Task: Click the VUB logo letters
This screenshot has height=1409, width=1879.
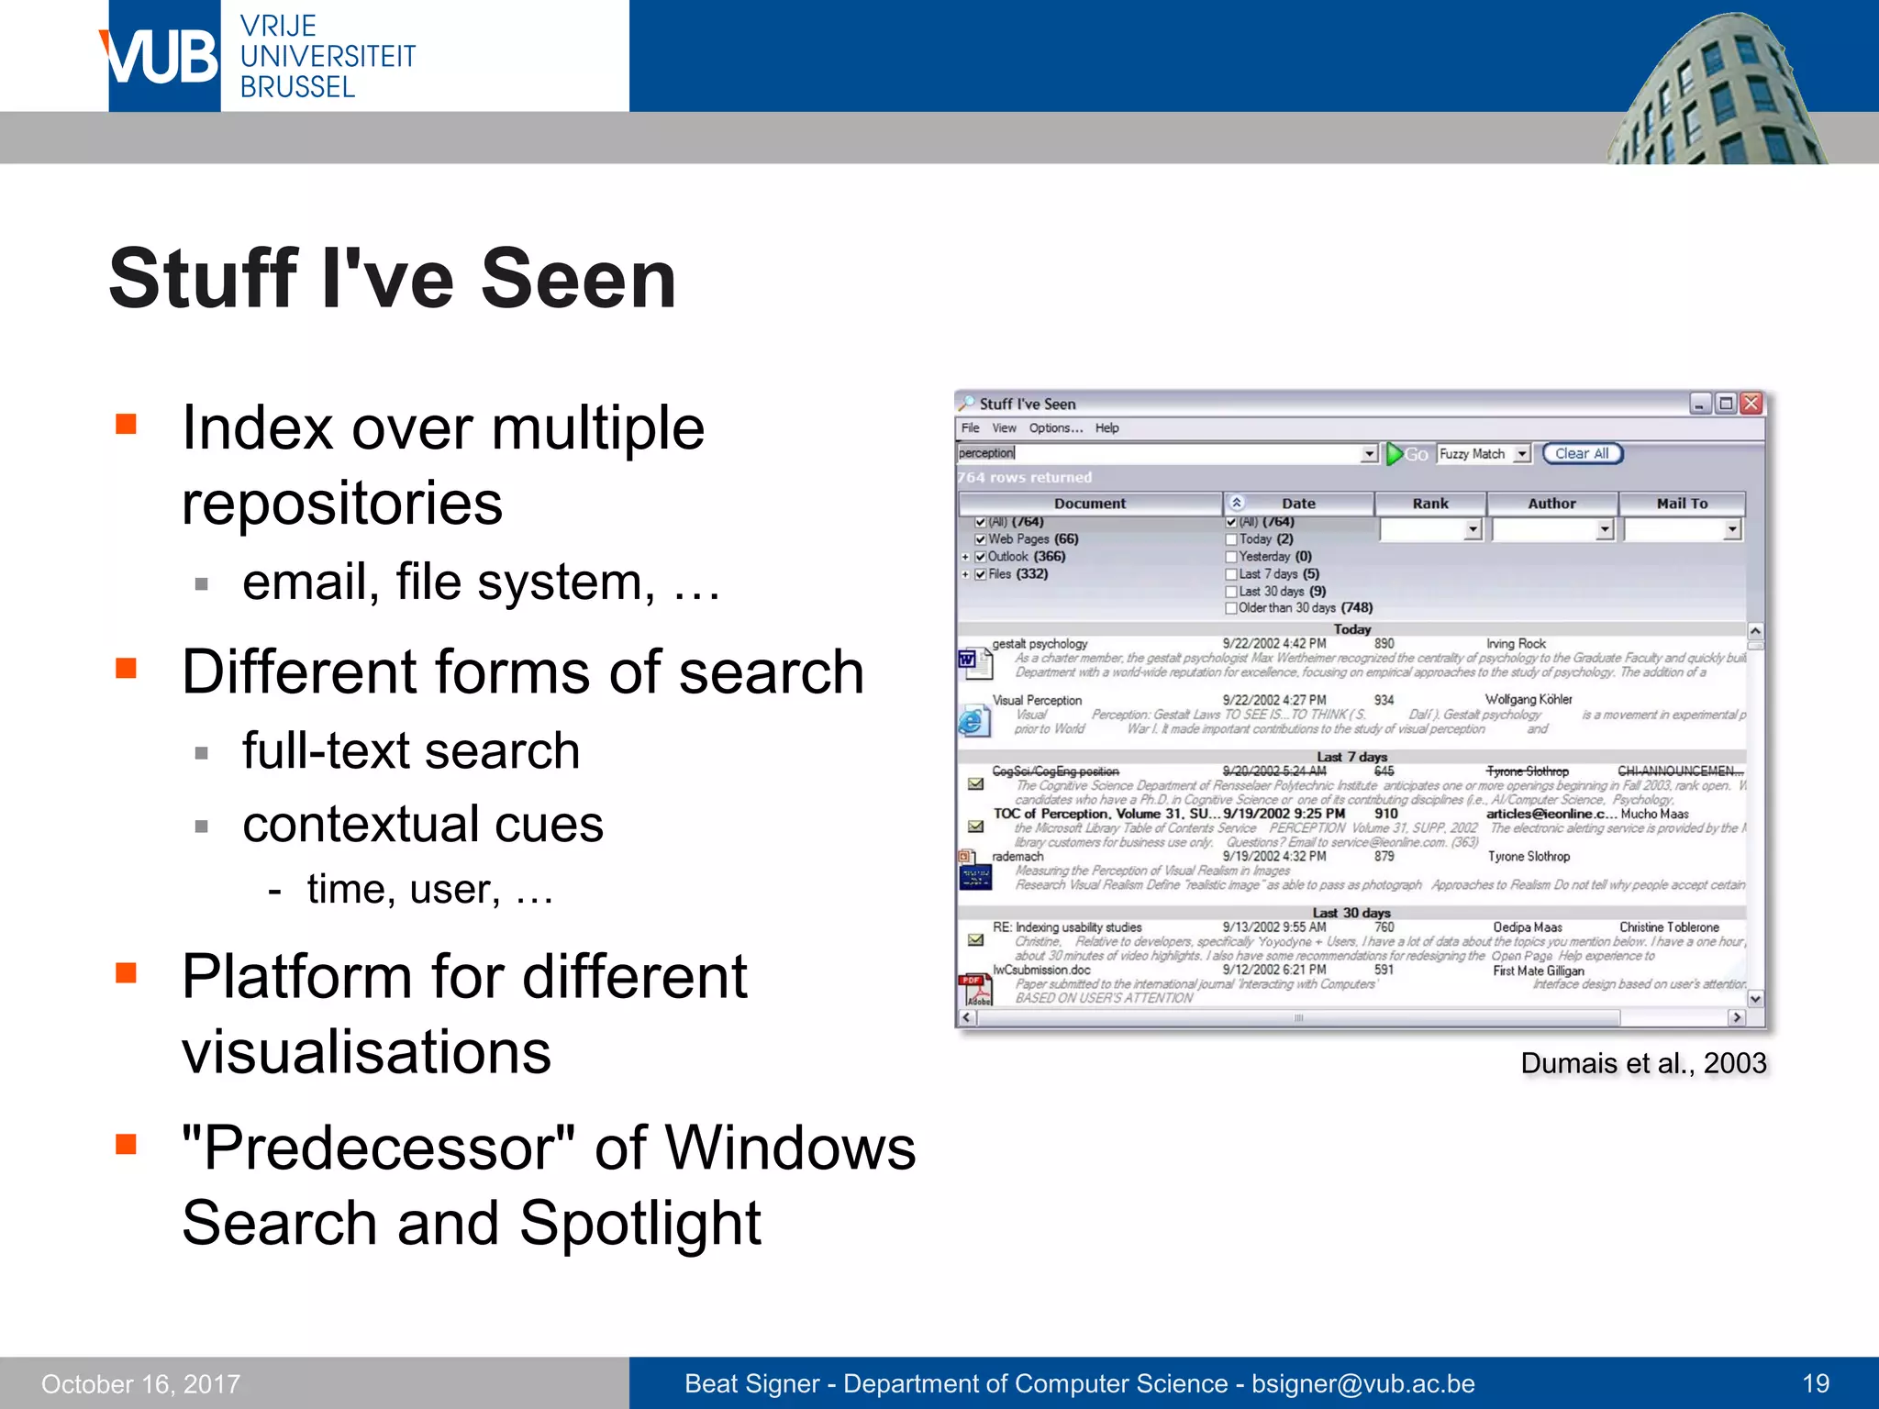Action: tap(161, 57)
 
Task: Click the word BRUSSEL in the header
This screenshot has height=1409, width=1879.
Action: tap(297, 87)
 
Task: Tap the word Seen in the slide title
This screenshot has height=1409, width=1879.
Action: tap(578, 280)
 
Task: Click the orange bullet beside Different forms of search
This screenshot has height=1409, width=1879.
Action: tap(126, 668)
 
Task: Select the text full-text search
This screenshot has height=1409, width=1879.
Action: tap(410, 750)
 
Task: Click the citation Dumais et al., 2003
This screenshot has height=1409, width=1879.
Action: tap(1642, 1063)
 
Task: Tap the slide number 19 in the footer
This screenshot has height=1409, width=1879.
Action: tap(1815, 1383)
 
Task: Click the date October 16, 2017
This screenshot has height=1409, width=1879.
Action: tap(140, 1383)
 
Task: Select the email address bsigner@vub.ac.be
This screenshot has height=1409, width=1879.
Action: tap(1362, 1383)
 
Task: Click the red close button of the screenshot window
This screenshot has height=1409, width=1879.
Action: tap(1751, 404)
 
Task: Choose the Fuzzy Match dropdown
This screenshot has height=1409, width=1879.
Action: tap(1484, 453)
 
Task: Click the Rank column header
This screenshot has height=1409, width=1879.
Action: tap(1429, 504)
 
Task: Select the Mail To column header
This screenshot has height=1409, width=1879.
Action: tap(1681, 504)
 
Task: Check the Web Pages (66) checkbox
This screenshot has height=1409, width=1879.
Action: tap(980, 539)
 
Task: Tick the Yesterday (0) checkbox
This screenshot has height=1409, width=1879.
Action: tap(1231, 557)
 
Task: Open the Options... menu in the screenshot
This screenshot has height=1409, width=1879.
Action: tap(1055, 428)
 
